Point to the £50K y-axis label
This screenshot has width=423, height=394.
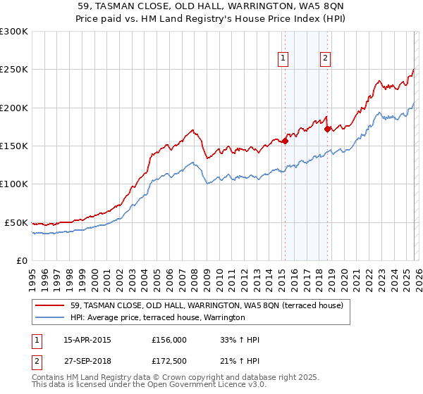point(16,222)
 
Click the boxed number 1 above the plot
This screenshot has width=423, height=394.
point(283,59)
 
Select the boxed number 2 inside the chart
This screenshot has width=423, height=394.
point(326,59)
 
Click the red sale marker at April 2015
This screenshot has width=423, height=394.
point(286,141)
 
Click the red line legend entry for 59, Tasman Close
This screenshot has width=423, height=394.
point(207,305)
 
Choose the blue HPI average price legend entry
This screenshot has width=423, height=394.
point(157,317)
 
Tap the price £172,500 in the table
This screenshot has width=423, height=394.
point(168,362)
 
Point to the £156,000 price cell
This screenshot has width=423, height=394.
point(168,340)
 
